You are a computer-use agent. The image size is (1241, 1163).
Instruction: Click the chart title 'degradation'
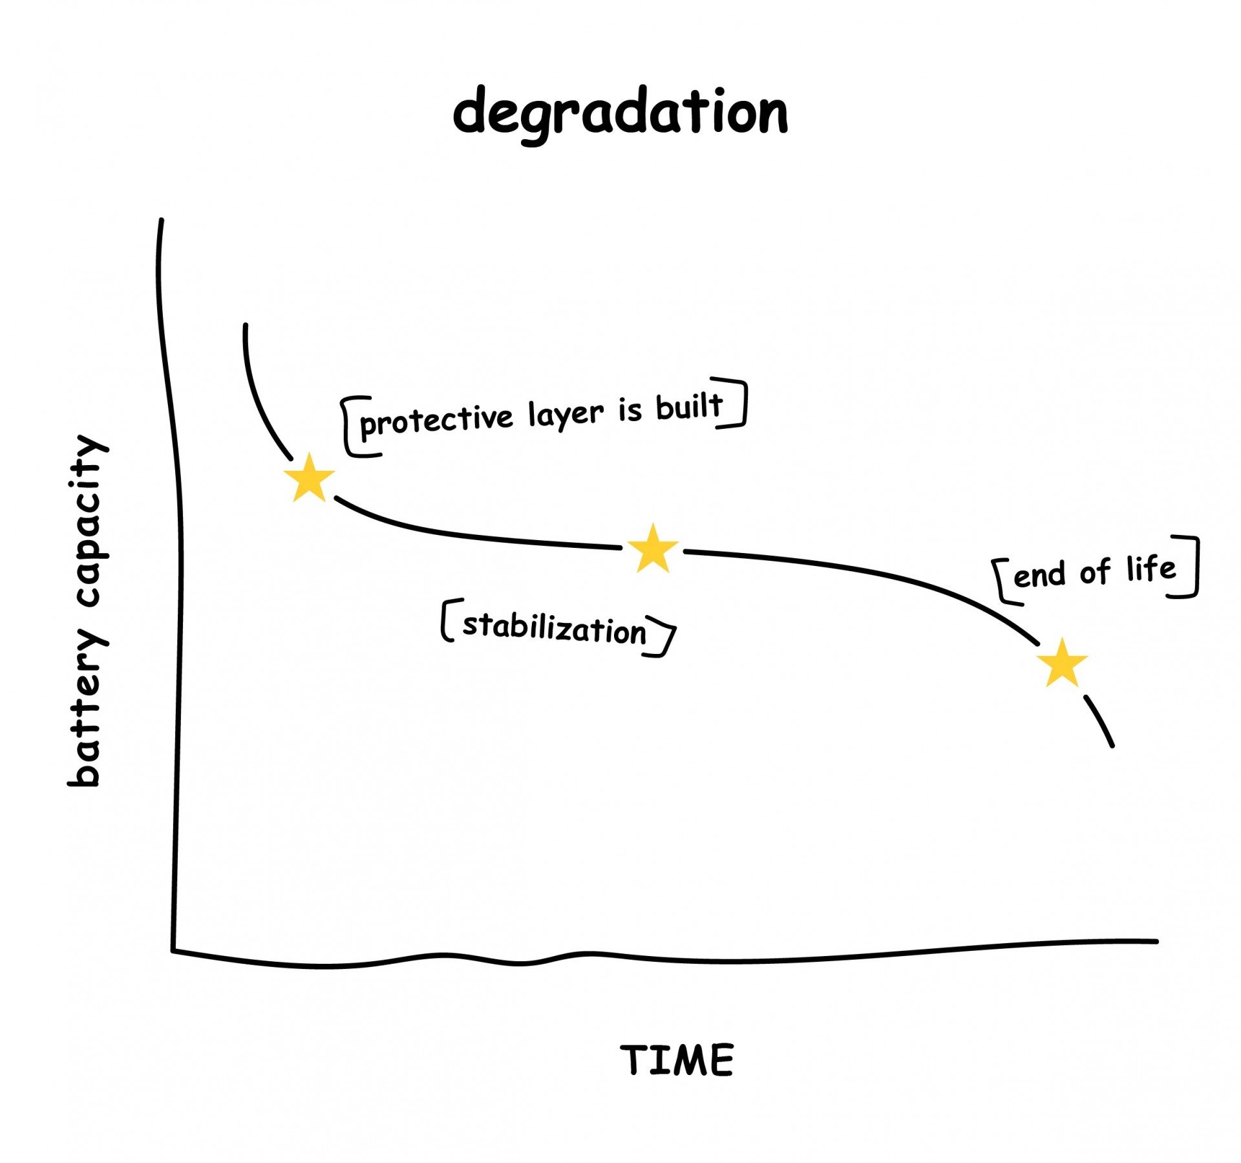pos(620,114)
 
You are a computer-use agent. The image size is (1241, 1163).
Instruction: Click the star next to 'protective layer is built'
pos(310,479)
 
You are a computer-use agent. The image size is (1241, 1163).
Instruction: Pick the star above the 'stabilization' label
pos(653,549)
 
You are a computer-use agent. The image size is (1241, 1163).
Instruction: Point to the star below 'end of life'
pos(1063,663)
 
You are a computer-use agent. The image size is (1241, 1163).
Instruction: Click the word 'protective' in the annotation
pos(436,420)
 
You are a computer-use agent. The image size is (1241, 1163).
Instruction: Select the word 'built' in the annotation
pos(689,407)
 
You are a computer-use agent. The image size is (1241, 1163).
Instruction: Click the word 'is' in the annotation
pos(630,410)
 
